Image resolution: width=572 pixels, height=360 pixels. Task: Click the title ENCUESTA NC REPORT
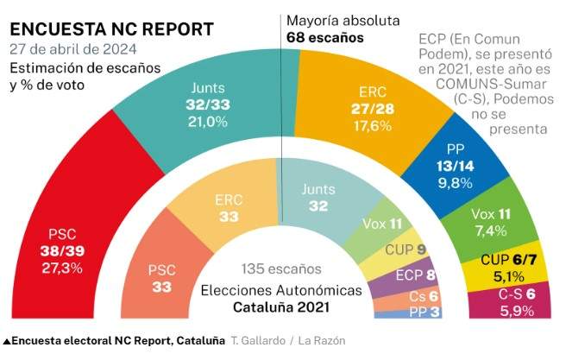click(112, 28)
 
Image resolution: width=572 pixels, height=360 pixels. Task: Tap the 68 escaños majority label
click(325, 38)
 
